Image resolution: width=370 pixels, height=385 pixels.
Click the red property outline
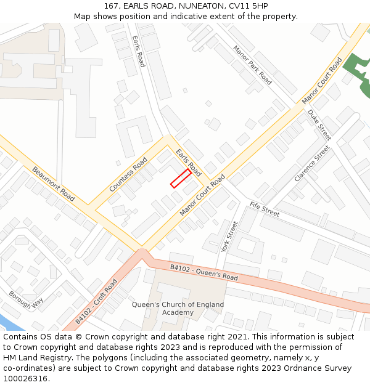click(180, 178)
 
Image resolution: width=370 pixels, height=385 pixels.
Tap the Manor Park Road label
click(252, 65)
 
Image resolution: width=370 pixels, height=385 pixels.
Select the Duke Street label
click(319, 124)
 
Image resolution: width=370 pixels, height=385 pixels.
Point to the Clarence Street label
click(312, 163)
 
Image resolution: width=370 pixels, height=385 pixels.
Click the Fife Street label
click(265, 209)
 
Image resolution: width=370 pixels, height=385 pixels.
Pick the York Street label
click(229, 237)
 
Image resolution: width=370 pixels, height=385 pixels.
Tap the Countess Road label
click(128, 174)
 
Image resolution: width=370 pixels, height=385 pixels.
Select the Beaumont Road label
click(54, 184)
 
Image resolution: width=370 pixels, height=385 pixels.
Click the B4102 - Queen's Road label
click(203, 272)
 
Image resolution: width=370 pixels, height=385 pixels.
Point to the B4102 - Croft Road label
click(96, 302)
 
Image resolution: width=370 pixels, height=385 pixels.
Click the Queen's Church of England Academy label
click(178, 309)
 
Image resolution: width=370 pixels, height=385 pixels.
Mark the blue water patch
click(9, 323)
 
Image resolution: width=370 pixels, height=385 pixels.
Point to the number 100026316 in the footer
click(25, 379)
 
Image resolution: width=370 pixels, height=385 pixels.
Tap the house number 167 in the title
click(112, 6)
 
